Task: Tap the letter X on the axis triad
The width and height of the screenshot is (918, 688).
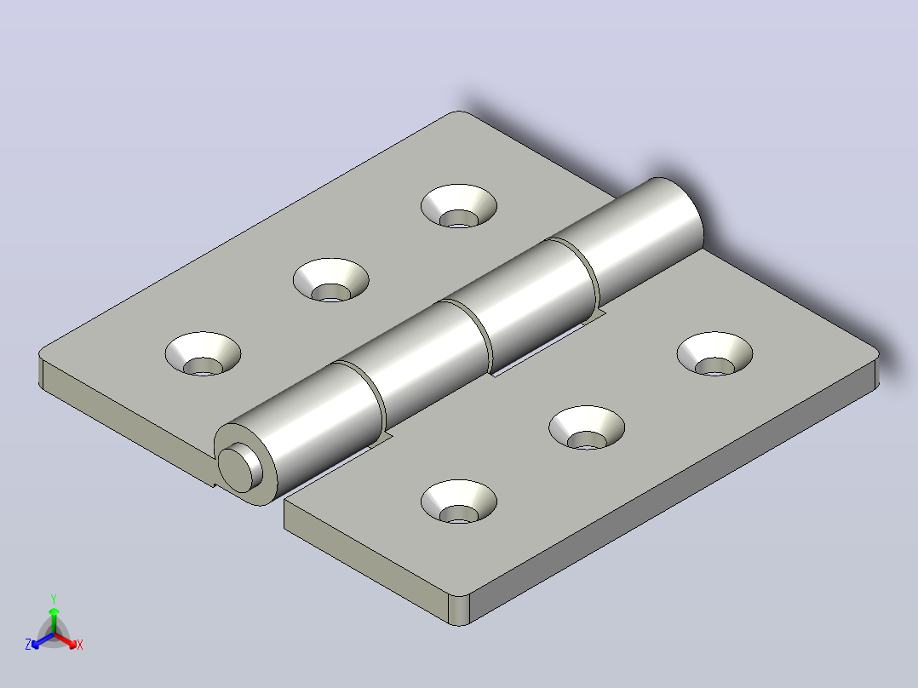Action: (x=80, y=645)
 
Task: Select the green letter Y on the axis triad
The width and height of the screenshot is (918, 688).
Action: (x=54, y=599)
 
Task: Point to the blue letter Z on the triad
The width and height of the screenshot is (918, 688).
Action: (x=28, y=644)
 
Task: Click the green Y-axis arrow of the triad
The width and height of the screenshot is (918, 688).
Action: (x=54, y=621)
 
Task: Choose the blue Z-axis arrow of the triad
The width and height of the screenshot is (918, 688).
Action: (x=43, y=640)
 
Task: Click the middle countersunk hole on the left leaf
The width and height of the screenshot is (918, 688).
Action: (x=330, y=280)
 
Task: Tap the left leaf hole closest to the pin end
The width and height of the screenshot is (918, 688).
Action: (x=203, y=354)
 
